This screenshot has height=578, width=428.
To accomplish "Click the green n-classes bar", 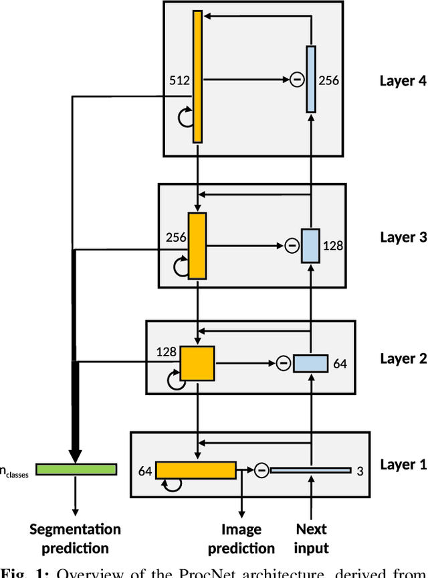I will (x=76, y=469).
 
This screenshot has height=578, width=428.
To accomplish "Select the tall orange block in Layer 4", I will (x=197, y=76).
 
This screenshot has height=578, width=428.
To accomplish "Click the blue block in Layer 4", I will (x=311, y=78).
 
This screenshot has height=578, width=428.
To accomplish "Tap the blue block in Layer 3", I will (x=310, y=245).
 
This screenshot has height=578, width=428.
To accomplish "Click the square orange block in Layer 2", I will (x=197, y=363).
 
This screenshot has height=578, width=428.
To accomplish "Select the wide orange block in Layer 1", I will (x=195, y=469).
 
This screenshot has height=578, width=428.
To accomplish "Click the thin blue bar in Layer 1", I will (x=310, y=470).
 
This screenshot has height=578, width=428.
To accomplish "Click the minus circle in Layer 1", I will (x=261, y=470).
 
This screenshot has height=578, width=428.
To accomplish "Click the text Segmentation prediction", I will (x=75, y=538).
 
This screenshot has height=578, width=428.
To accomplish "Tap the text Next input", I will (x=311, y=538).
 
